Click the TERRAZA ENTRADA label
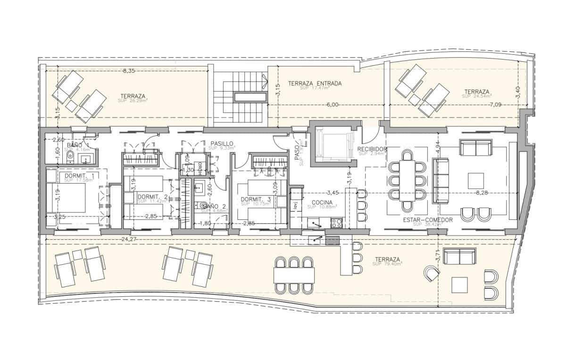point(315,84)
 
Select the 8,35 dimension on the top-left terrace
point(129,71)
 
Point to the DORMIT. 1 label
point(79,176)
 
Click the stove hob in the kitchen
point(336,222)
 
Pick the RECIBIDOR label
point(373,149)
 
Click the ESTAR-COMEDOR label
point(428,220)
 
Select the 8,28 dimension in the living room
point(482,193)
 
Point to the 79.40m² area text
point(387,264)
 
